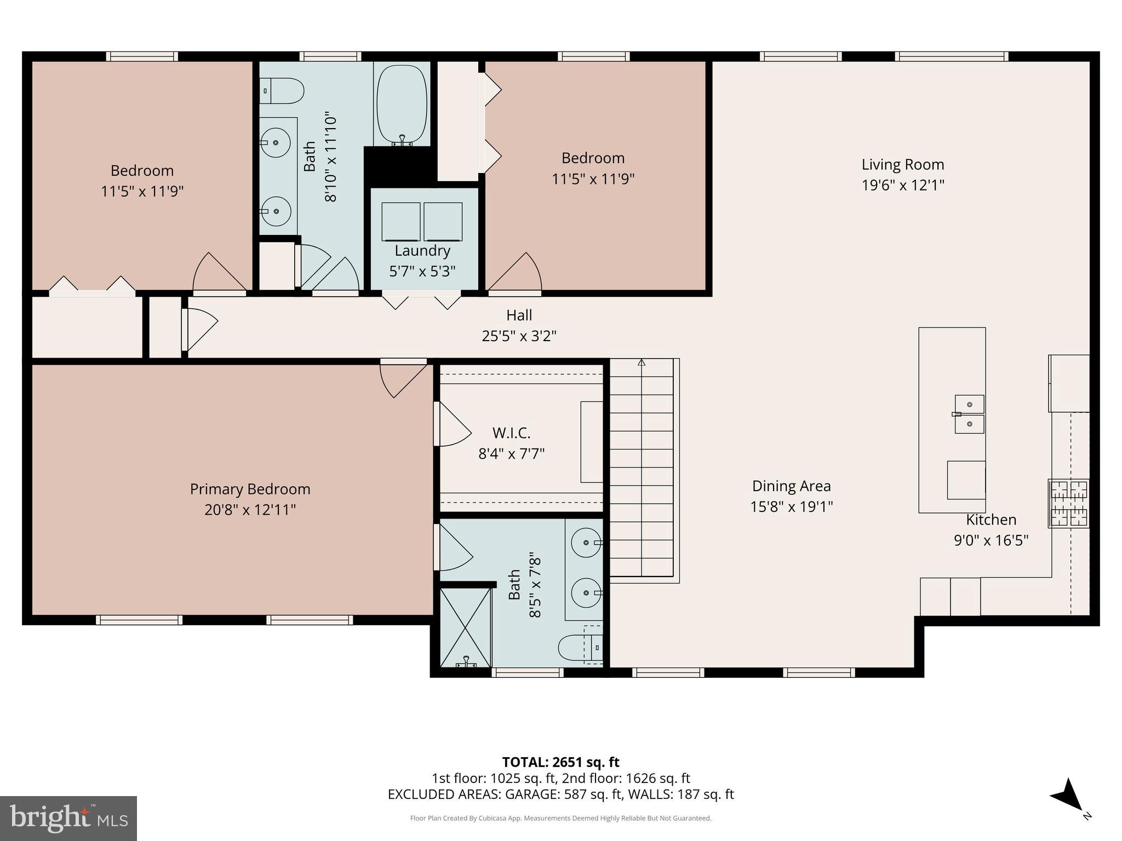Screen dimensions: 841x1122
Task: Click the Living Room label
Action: [x=902, y=164]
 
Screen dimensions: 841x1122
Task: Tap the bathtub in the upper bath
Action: [x=402, y=105]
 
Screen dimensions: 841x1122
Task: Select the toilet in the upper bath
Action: [x=283, y=91]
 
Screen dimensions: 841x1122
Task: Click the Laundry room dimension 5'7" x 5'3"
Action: [x=422, y=272]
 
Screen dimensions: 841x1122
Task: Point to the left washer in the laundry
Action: [x=400, y=221]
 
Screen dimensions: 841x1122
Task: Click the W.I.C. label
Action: [x=511, y=433]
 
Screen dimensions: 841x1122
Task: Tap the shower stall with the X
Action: [x=465, y=627]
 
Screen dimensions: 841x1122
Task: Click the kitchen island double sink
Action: [x=969, y=414]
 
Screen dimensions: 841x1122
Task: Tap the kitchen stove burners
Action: [x=1068, y=504]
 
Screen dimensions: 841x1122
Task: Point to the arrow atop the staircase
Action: [x=642, y=362]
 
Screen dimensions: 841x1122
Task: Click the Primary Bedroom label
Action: [x=250, y=489]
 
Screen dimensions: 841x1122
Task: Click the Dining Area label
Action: [x=791, y=486]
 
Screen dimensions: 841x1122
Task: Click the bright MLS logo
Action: [x=68, y=818]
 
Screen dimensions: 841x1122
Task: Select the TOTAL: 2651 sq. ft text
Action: [x=560, y=762]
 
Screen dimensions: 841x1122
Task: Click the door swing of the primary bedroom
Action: [x=403, y=379]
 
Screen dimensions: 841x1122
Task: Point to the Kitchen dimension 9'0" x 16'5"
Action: [x=991, y=540]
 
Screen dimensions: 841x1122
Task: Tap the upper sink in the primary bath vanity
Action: [x=586, y=542]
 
